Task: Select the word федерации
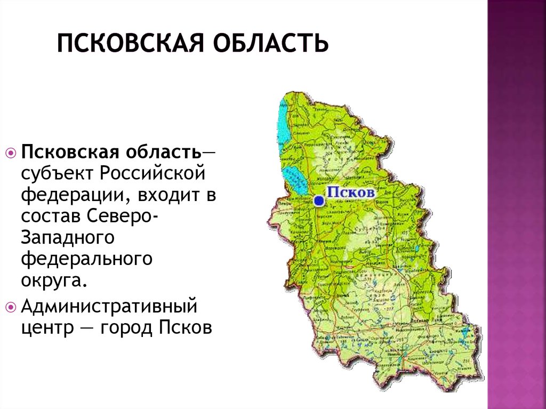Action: pyautogui.click(x=69, y=196)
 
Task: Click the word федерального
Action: pyautogui.click(x=87, y=260)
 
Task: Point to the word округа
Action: pyautogui.click(x=52, y=281)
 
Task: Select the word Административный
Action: pyautogui.click(x=109, y=308)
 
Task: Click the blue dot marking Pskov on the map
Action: pyautogui.click(x=318, y=201)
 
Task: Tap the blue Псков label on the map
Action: pyautogui.click(x=350, y=192)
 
